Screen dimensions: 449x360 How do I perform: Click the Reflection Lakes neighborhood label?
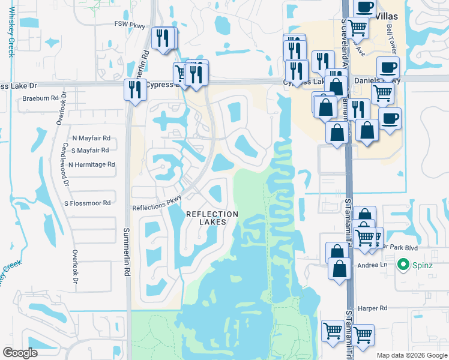pos(212,218)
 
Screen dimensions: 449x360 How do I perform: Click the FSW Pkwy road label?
pos(130,25)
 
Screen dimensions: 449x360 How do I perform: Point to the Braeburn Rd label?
pos(42,98)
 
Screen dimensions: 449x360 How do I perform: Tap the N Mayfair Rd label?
pos(91,137)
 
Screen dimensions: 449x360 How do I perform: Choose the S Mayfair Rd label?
pos(90,150)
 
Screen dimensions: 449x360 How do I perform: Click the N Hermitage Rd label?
pos(92,164)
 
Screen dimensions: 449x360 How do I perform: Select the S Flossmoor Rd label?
pos(88,203)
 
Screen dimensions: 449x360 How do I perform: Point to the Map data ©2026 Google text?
pos(411,355)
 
